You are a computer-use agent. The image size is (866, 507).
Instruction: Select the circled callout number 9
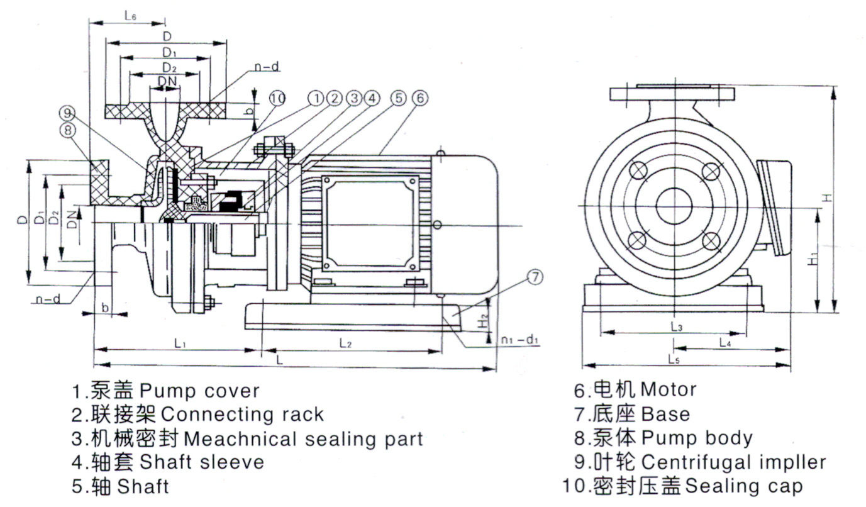pyautogui.click(x=67, y=113)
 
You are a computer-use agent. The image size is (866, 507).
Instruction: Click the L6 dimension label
pyautogui.click(x=130, y=17)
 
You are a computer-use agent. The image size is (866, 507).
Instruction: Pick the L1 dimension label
pyautogui.click(x=180, y=343)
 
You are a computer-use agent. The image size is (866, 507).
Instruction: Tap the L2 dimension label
pyautogui.click(x=345, y=343)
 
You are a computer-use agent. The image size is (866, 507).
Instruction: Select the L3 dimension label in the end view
pyautogui.click(x=677, y=326)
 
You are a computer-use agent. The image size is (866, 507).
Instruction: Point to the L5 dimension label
pyautogui.click(x=674, y=360)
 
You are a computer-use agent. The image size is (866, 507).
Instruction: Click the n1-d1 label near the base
pyautogui.click(x=519, y=340)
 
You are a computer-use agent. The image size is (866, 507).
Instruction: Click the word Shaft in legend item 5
pyautogui.click(x=143, y=486)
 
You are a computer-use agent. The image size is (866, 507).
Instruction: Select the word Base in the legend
pyautogui.click(x=665, y=414)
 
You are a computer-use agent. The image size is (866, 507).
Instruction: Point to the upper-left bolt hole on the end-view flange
pyautogui.click(x=637, y=171)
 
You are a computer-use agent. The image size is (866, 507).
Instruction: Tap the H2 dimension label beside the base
pyautogui.click(x=483, y=320)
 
